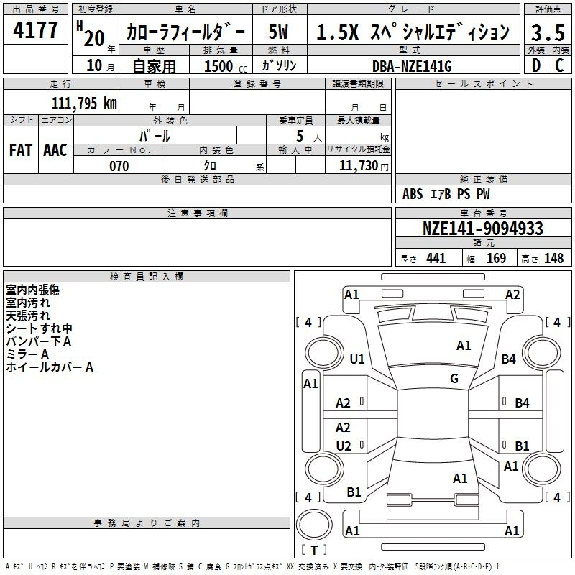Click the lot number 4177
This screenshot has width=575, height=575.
point(35,30)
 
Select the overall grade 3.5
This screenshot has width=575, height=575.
point(548,32)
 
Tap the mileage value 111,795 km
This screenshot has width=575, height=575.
point(84,103)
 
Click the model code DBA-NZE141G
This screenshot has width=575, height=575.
point(412,66)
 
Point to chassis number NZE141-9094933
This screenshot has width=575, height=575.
point(483,229)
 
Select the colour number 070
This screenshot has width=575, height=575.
point(119,166)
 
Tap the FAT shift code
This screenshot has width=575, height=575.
point(21,150)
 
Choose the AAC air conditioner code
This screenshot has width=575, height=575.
point(55,150)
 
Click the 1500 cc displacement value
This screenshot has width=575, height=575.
point(226,66)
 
